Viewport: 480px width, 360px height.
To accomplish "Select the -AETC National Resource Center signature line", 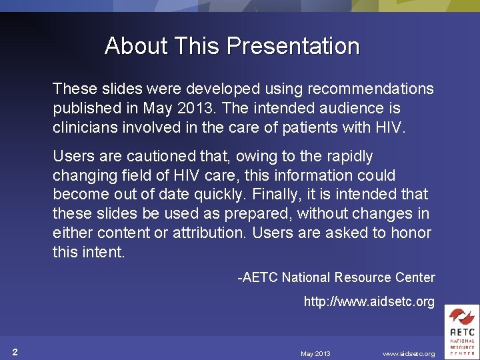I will click(x=337, y=277).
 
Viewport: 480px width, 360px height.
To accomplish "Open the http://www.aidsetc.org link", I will click(x=369, y=302).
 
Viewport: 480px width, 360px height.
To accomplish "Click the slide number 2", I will click(x=15, y=352).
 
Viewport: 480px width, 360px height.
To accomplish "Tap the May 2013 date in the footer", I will click(x=315, y=353).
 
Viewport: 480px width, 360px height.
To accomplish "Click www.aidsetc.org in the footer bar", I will click(x=408, y=353).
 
